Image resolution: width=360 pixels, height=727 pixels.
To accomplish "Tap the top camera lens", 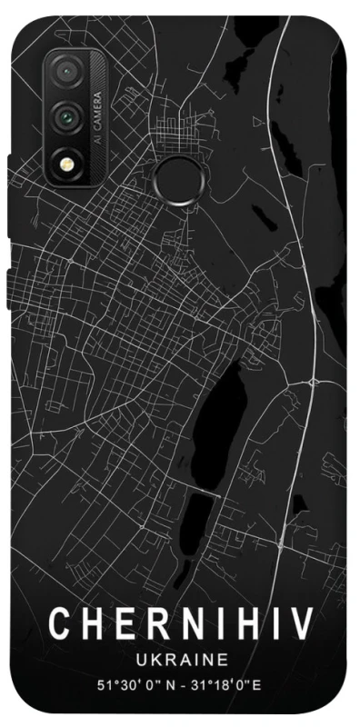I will (x=65, y=71).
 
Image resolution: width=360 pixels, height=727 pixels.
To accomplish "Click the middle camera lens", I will (x=65, y=115).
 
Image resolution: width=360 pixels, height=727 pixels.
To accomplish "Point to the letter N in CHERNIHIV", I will (x=175, y=625).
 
